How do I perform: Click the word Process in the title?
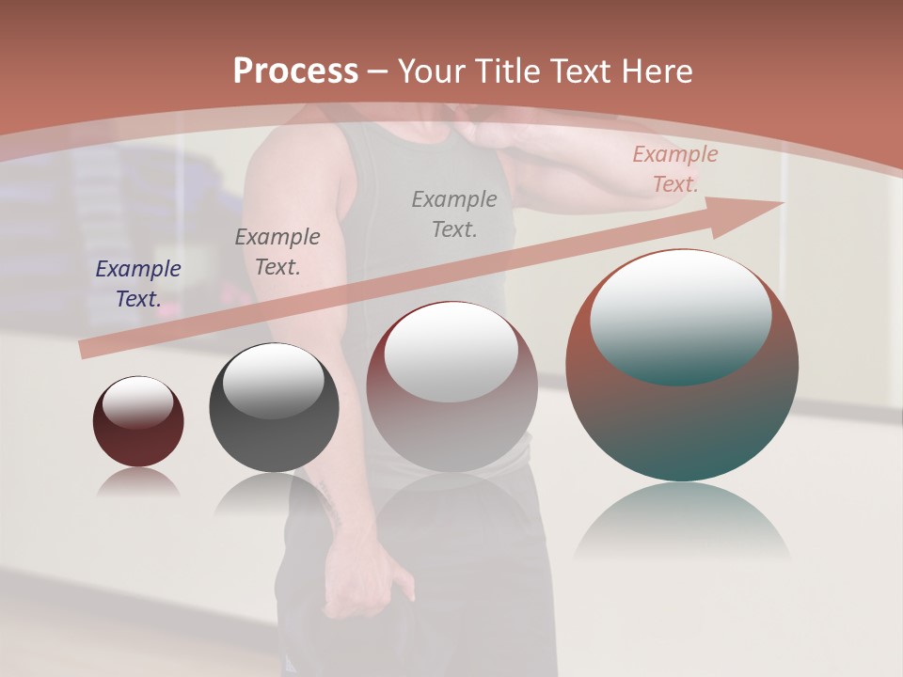[x=295, y=71]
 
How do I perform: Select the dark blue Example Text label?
[x=138, y=284]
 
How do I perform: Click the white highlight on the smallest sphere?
[x=137, y=401]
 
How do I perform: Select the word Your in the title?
[x=429, y=71]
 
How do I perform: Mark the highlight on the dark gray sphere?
[x=273, y=380]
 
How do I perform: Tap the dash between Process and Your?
[x=378, y=71]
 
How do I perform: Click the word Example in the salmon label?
[x=675, y=154]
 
